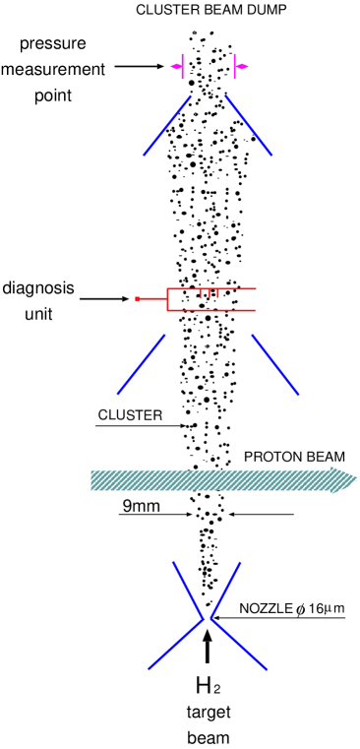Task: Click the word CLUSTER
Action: click(x=130, y=415)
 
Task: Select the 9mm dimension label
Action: click(x=141, y=506)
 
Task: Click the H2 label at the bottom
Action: click(x=207, y=686)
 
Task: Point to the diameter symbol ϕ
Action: click(x=301, y=609)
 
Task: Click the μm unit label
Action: click(x=333, y=608)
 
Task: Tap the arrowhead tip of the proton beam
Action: click(x=355, y=480)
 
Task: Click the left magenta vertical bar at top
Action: click(x=183, y=67)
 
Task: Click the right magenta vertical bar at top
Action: click(x=234, y=67)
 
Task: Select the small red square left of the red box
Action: click(x=138, y=298)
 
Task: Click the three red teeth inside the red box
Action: click(x=209, y=293)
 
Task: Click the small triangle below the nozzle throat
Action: click(x=207, y=635)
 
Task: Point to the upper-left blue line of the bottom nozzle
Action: click(x=188, y=589)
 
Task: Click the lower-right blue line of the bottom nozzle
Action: click(x=238, y=645)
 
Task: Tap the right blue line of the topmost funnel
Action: click(x=248, y=125)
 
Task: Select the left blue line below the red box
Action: click(x=141, y=365)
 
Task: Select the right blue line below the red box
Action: click(x=274, y=365)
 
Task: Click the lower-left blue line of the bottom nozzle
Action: click(x=176, y=645)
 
